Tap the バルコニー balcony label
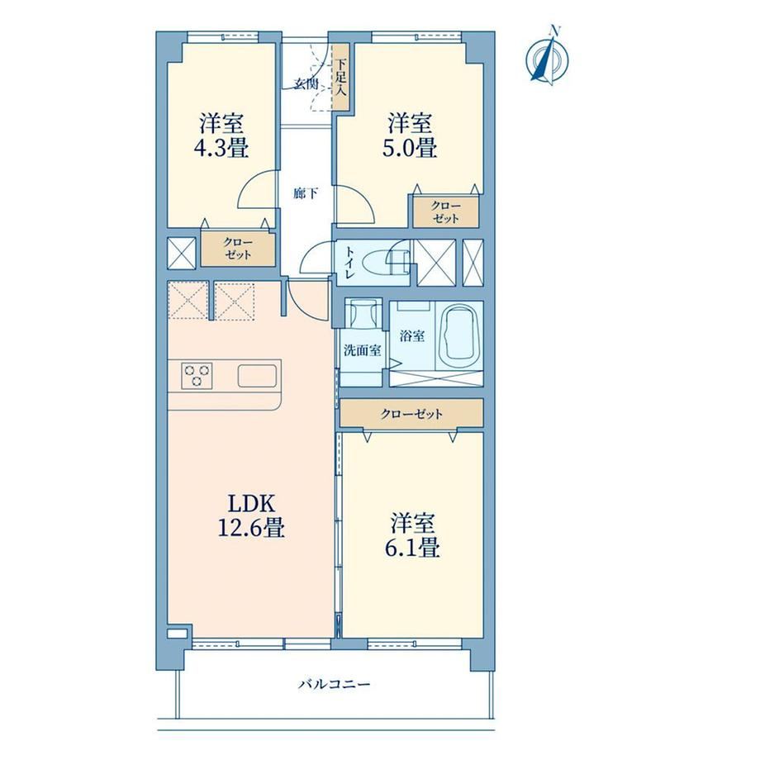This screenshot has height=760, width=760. click(x=334, y=684)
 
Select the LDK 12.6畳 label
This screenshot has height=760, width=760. click(x=251, y=515)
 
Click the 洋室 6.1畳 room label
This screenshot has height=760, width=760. click(x=412, y=535)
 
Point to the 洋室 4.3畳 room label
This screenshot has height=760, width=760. click(x=221, y=135)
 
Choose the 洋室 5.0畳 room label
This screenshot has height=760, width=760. click(x=410, y=135)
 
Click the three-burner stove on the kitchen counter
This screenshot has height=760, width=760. click(x=197, y=376)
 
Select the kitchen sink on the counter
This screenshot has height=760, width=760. click(x=257, y=376)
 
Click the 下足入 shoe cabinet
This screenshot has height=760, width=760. click(x=341, y=77)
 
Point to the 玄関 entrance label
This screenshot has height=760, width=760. click(x=306, y=84)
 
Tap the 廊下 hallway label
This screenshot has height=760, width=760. click(x=306, y=194)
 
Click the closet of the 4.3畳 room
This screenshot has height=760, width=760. click(x=238, y=249)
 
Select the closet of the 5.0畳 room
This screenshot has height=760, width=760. click(x=446, y=211)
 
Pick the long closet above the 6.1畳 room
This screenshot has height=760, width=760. click(x=411, y=413)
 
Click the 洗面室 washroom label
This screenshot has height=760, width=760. click(x=362, y=350)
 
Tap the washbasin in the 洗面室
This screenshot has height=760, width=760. click(x=362, y=312)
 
